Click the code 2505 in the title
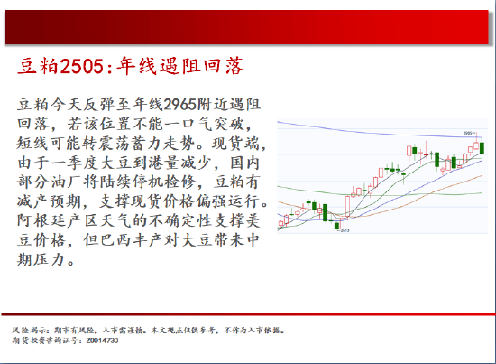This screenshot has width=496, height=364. [x=78, y=66]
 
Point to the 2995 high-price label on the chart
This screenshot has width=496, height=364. [x=469, y=133]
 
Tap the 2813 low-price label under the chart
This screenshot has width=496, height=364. [x=345, y=232]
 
